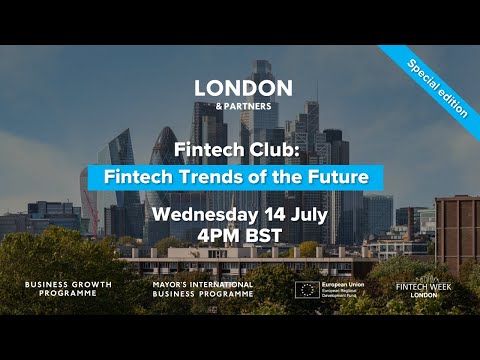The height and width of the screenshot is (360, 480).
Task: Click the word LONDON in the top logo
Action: (x=243, y=88)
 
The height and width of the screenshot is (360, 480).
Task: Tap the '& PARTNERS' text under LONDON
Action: (x=243, y=105)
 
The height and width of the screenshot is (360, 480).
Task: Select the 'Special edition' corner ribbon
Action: (x=437, y=89)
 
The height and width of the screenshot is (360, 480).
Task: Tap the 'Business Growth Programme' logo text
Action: (x=68, y=290)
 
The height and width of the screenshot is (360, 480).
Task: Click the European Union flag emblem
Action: (x=308, y=289)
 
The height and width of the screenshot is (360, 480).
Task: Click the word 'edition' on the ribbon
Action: (x=451, y=102)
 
